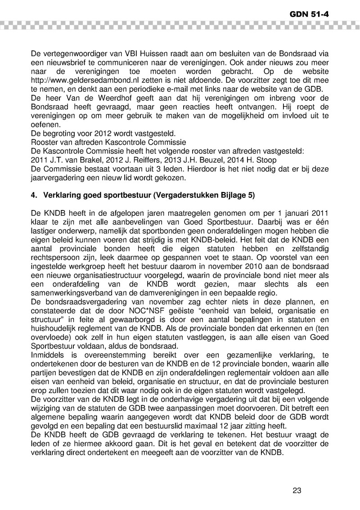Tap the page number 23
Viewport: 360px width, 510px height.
coord(297,490)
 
